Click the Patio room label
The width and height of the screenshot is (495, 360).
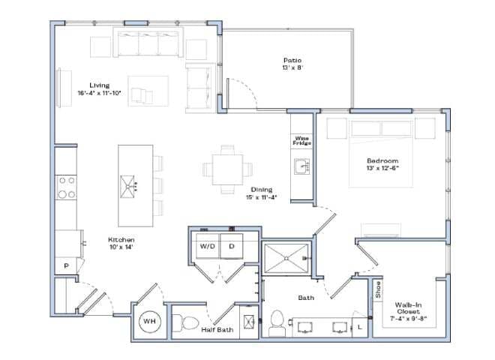click(292, 64)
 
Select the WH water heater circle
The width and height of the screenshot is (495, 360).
click(150, 322)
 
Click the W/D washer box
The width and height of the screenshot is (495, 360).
click(205, 246)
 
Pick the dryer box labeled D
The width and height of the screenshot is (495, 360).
click(231, 246)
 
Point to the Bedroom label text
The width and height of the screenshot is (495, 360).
click(382, 164)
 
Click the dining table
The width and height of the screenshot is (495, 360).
click(227, 169)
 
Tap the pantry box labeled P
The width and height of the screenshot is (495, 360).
click(66, 265)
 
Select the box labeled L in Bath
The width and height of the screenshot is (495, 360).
click(360, 327)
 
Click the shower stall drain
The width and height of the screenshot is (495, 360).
click(286, 256)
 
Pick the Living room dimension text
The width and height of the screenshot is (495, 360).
click(103, 93)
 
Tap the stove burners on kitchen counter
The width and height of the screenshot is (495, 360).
click(66, 187)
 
